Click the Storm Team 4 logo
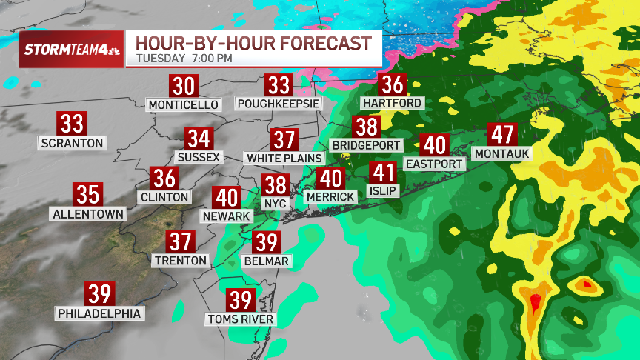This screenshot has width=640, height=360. click(x=71, y=50)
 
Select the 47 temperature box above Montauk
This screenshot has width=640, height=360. click(x=504, y=135)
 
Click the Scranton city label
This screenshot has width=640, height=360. click(x=73, y=142)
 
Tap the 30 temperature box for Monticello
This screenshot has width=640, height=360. click(x=184, y=86)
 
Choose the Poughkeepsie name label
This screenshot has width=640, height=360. click(x=279, y=104)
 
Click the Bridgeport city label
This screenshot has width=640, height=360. click(x=367, y=145)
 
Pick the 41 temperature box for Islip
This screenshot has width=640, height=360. click(x=383, y=173)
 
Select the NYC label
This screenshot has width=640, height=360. click(x=275, y=201)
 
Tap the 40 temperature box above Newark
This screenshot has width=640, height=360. click(x=227, y=197)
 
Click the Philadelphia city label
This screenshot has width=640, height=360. click(x=99, y=313)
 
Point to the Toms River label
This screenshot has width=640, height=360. click(x=241, y=319)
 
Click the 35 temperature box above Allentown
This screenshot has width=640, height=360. click(x=88, y=195)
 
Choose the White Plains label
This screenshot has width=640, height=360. click(x=284, y=158)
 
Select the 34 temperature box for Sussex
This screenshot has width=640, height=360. click(x=199, y=139)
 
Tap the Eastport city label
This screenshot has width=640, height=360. click(x=435, y=163)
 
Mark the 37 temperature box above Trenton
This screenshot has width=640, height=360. click(x=181, y=241)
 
